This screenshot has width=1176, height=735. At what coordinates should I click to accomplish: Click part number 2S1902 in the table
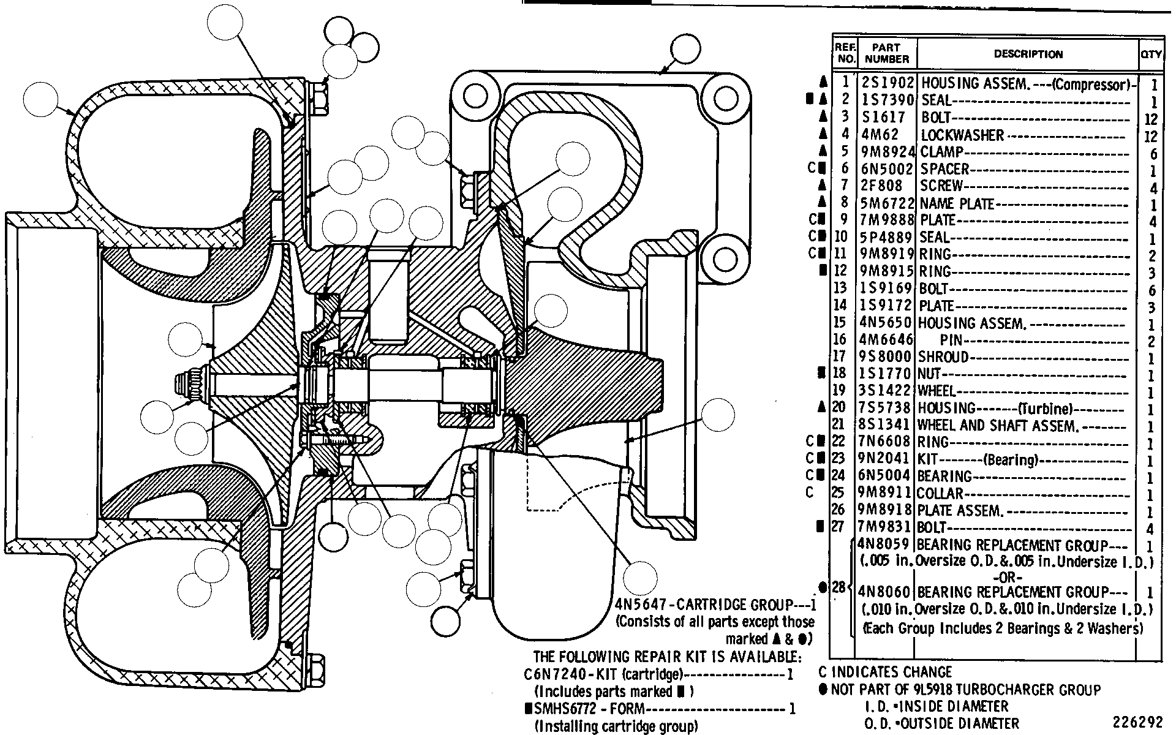[x=888, y=83]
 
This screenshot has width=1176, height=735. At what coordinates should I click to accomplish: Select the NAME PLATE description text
[x=957, y=203]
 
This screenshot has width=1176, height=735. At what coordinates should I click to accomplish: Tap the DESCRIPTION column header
[x=1028, y=54]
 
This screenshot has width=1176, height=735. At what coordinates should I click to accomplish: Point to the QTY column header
[x=1151, y=54]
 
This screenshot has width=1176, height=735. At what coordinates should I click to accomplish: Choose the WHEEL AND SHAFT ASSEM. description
[x=997, y=425]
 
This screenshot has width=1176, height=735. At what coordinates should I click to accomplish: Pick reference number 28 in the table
[x=839, y=587]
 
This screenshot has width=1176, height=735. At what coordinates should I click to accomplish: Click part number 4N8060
[x=884, y=592]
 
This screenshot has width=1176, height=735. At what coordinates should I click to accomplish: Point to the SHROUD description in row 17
[x=943, y=356]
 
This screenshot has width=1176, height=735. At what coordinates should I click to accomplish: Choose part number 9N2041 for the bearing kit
[x=886, y=459]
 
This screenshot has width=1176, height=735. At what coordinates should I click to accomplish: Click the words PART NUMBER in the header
[x=886, y=53]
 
